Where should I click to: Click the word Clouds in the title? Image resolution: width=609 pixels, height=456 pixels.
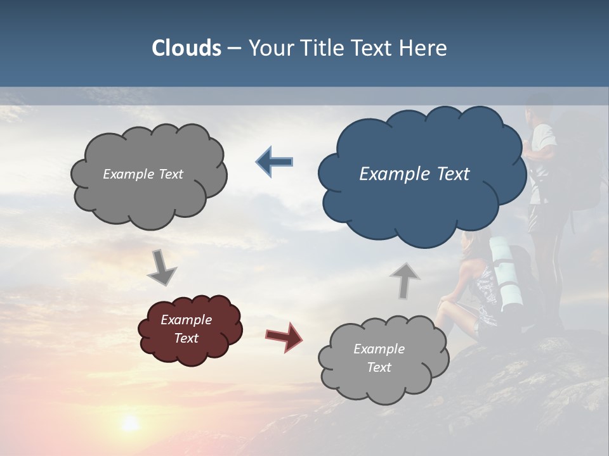(x=186, y=48)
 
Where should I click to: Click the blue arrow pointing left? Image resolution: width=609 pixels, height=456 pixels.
(x=274, y=162)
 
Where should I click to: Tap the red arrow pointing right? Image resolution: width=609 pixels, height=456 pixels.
(x=284, y=336)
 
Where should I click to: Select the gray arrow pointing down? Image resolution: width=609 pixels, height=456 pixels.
(x=161, y=267)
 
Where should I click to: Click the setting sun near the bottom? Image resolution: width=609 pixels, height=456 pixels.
(x=130, y=423)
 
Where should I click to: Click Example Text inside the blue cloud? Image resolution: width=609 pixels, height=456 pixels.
(x=414, y=174)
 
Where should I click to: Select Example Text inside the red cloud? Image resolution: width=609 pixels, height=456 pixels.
(x=186, y=329)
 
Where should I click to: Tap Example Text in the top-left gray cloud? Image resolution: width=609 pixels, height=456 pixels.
(x=143, y=174)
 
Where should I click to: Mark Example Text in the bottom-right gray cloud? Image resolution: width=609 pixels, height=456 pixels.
(x=379, y=358)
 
